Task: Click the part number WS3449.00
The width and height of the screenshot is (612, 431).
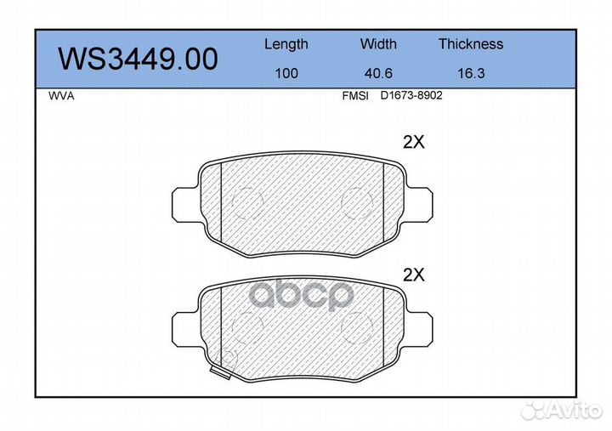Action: pos(139,59)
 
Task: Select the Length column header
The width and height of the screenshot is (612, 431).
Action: pos(286,45)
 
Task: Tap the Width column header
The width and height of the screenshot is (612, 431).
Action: pos(378,43)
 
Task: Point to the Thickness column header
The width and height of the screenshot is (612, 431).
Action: pos(471,43)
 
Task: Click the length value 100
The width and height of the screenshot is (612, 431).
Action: pos(286,73)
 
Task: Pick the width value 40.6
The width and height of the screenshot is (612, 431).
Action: pos(378,73)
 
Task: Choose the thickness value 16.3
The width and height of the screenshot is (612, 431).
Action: pos(471,73)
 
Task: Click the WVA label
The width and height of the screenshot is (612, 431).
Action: pos(61,96)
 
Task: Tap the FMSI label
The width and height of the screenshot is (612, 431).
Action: pos(355,96)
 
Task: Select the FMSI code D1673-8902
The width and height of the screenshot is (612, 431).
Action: pos(411,96)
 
